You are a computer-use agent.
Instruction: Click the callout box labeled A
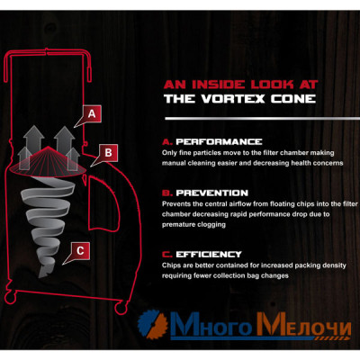pos(92,113)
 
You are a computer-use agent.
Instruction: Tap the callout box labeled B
pos(109,152)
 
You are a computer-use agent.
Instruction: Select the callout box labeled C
pos(80,250)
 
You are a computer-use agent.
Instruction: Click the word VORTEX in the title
pos(233,99)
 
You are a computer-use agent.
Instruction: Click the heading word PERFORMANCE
pos(219,141)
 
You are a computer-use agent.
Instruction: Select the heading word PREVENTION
pos(211,193)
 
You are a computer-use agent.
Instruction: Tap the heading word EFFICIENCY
pos(209,255)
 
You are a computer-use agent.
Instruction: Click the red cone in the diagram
pos(49,160)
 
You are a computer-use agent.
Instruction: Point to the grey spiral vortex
pos(48,225)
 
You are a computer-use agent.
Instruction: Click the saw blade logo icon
pos(153,326)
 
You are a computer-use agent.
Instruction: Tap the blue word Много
pos(212,326)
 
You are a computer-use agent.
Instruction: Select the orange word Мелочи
pos(303,326)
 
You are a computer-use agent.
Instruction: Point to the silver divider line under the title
pos(262,119)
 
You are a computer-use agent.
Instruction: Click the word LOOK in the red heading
pos(272,85)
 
